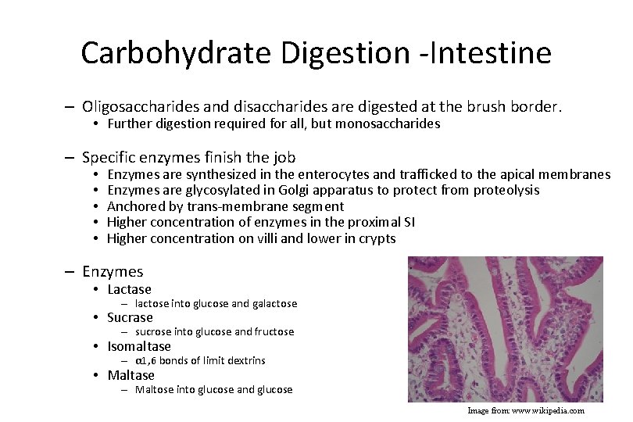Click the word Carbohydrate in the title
point(176,53)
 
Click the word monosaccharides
point(388,123)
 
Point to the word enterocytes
point(323,174)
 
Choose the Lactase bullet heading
point(129,289)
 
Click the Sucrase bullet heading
point(130,317)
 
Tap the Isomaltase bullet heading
point(138,346)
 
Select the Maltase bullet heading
point(131,375)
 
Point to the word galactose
point(274,303)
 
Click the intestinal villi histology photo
point(506,329)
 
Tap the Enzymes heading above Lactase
point(113,272)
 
